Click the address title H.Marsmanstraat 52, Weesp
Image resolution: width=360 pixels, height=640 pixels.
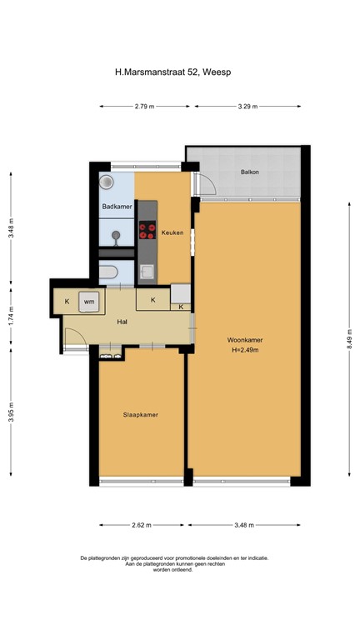pyautogui.click(x=179, y=72)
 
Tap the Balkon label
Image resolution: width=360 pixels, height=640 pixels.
pyautogui.click(x=249, y=172)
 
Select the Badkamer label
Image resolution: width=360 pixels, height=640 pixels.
pyautogui.click(x=116, y=206)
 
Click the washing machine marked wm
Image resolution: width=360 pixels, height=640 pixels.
pyautogui.click(x=88, y=300)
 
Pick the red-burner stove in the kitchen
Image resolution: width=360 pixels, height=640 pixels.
pyautogui.click(x=147, y=229)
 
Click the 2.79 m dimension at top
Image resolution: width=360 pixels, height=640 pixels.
pyautogui.click(x=143, y=107)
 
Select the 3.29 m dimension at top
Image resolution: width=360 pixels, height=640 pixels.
pyautogui.click(x=247, y=107)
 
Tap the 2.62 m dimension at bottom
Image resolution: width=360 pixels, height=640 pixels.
pyautogui.click(x=142, y=525)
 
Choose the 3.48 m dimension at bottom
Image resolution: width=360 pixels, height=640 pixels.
pyautogui.click(x=244, y=525)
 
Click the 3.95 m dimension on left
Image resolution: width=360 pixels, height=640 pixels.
pyautogui.click(x=12, y=414)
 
